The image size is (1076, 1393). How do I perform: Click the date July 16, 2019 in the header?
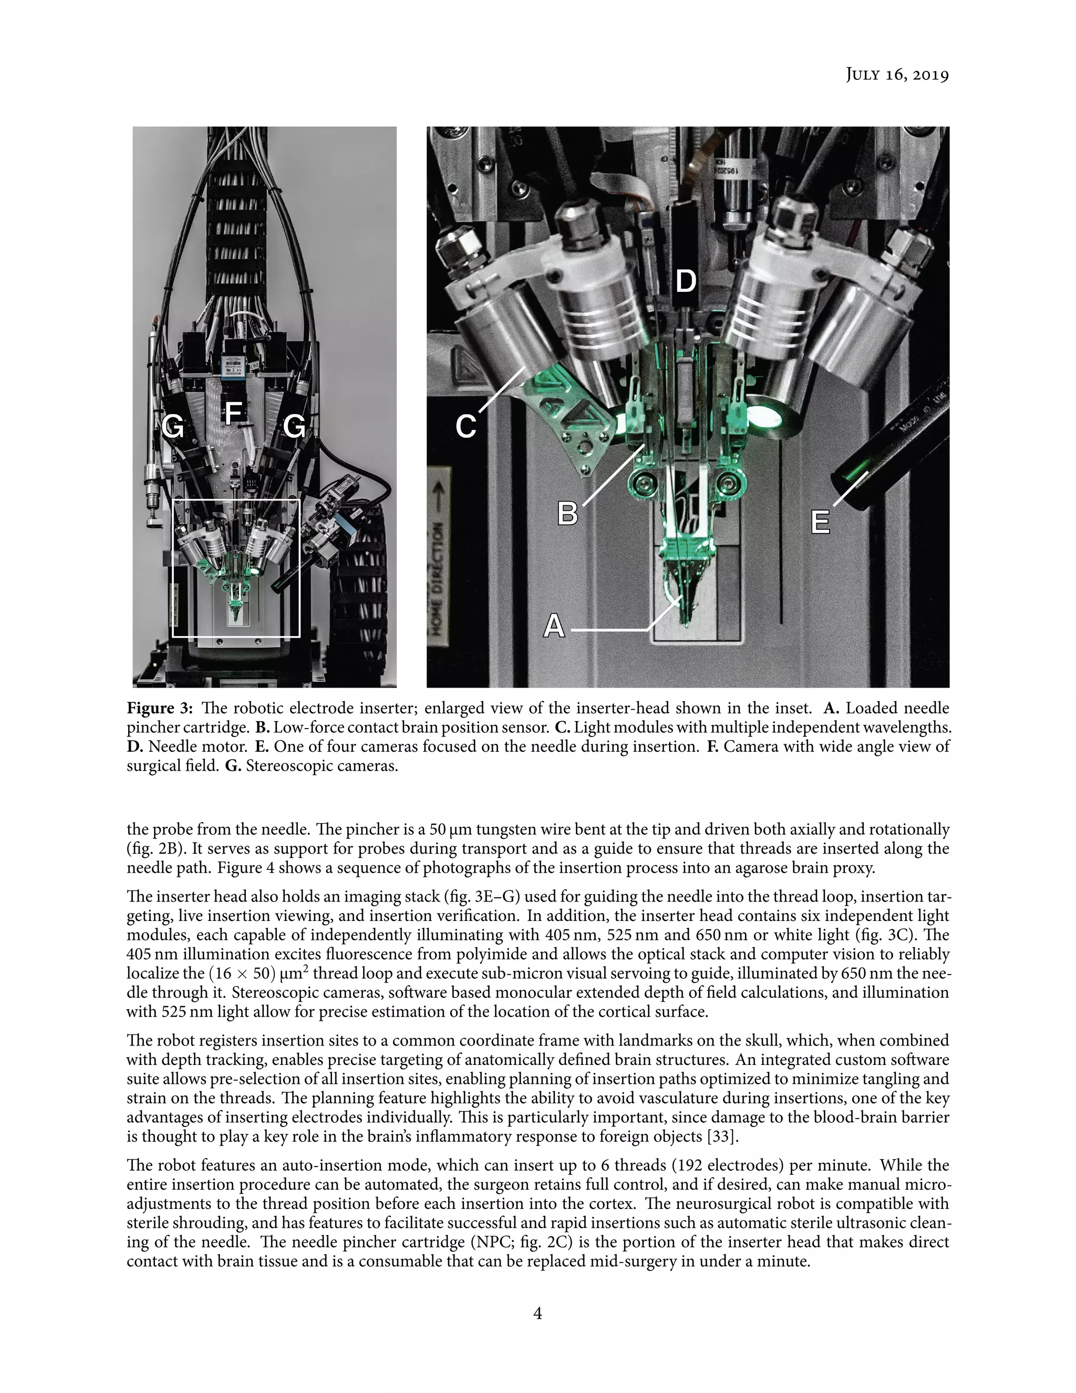897,75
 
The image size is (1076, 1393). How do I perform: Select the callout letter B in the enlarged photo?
567,514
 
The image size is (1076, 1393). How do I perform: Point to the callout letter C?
466,427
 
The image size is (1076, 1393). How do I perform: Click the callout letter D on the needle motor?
685,281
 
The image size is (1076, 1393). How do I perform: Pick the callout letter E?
820,523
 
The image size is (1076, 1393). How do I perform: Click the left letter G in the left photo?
173,426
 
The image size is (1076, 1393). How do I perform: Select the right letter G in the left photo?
294,426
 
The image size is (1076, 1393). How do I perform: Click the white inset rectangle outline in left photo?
173,568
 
